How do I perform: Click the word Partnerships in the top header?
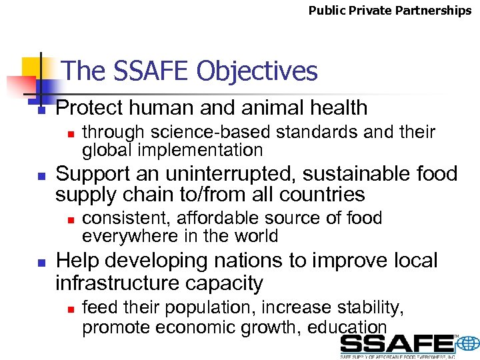click(x=437, y=11)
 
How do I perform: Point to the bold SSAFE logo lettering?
click(x=397, y=344)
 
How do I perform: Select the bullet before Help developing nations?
click(x=41, y=263)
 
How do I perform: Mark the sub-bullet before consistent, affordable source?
click(x=69, y=219)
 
